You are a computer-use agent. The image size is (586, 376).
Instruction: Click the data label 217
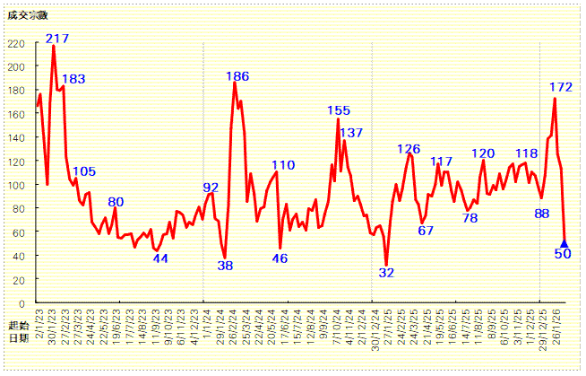(57, 38)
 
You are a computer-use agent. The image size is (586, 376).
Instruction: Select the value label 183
(73, 79)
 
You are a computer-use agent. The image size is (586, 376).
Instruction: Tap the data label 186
(237, 75)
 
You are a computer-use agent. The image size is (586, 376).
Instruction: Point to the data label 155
(339, 110)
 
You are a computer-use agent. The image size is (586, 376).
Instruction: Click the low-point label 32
(386, 272)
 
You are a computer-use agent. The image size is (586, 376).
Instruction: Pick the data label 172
(561, 87)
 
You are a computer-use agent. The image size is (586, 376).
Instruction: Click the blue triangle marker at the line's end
(564, 242)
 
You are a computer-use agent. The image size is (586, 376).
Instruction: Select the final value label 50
(563, 254)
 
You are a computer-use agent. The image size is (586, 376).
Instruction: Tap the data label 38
(225, 265)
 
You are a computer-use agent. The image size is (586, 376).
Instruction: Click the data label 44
(160, 258)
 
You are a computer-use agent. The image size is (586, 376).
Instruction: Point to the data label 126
(409, 149)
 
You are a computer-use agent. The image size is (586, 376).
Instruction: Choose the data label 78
(470, 218)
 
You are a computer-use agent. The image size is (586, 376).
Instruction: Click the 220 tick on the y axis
(16, 43)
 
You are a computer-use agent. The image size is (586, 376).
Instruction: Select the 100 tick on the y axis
(16, 184)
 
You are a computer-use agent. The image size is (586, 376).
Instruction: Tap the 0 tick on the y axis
(22, 302)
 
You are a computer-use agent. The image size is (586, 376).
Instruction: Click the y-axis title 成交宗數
(24, 16)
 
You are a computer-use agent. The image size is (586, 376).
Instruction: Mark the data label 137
(351, 133)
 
